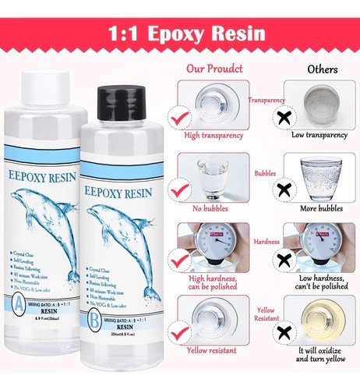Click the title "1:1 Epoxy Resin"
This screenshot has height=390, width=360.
tap(180, 34)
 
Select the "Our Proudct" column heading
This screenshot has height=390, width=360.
tap(213, 68)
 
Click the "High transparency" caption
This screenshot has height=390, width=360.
tap(213, 136)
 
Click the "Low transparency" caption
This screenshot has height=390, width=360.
tap(319, 135)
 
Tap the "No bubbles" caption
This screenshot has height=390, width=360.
tap(213, 209)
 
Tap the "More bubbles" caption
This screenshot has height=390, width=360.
tap(319, 209)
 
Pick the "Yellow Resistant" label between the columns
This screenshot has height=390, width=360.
tap(265, 315)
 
